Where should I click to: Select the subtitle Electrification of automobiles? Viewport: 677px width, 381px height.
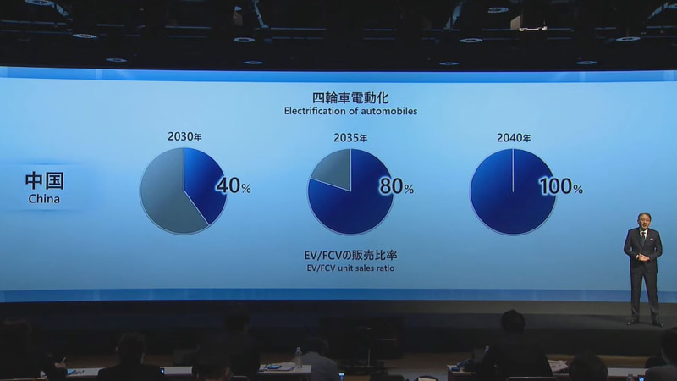pos(350,111)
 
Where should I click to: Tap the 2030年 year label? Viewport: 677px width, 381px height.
pos(185,137)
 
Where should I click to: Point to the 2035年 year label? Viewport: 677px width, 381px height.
pos(351,137)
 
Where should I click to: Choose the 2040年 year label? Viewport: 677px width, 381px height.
pos(514,137)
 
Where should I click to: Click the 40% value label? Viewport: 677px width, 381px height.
pos(234,185)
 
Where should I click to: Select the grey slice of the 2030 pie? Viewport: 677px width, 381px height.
pos(165,195)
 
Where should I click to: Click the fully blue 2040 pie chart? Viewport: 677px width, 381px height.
pos(499,195)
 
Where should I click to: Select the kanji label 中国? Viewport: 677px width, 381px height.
pos(45,180)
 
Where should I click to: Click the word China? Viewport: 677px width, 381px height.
pos(45,200)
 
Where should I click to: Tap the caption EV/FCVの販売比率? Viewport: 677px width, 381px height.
pos(350,253)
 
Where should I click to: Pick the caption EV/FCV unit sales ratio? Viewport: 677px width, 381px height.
pos(350,268)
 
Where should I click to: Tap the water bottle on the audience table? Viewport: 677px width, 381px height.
pos(298,356)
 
